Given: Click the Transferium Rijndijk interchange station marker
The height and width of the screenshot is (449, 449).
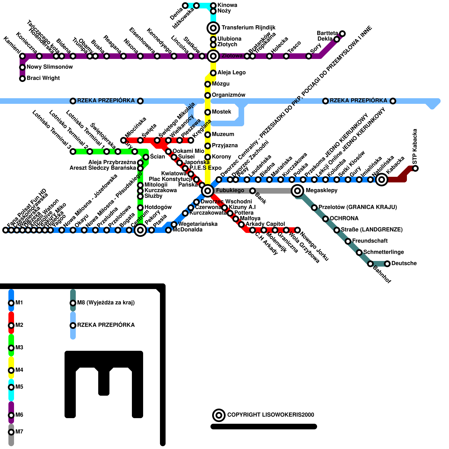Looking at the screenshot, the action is (x=213, y=28).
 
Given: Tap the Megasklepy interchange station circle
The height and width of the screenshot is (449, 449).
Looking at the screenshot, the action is (x=297, y=191).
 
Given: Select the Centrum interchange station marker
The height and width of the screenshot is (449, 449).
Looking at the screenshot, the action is (x=140, y=230).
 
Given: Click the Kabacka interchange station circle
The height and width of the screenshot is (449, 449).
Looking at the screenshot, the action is (x=382, y=180).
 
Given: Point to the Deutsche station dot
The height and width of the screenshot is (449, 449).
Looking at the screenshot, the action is (x=387, y=264).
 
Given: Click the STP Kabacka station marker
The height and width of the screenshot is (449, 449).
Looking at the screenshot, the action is (x=415, y=168).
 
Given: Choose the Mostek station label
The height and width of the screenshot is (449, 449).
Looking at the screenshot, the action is (x=221, y=112).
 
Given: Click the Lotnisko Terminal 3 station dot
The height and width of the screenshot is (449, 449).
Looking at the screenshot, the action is (x=73, y=152).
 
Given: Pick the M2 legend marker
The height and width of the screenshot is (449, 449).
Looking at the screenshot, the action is (x=11, y=326).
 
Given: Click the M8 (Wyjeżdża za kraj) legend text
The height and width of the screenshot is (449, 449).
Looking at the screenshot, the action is (x=106, y=303).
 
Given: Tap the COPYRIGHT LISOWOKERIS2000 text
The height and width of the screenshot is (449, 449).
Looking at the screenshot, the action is (x=271, y=415).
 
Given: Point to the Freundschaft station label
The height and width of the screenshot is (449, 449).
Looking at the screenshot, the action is (x=370, y=241).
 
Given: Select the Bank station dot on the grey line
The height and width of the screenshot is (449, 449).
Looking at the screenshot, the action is (x=253, y=191).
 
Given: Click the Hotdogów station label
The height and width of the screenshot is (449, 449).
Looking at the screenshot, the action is (x=158, y=207).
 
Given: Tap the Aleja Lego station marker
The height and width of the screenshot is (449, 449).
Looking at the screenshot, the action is (x=213, y=73).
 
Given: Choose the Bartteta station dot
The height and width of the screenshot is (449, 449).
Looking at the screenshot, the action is (x=342, y=34).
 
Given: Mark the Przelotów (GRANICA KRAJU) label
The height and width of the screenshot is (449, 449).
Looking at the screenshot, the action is (x=358, y=207).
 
